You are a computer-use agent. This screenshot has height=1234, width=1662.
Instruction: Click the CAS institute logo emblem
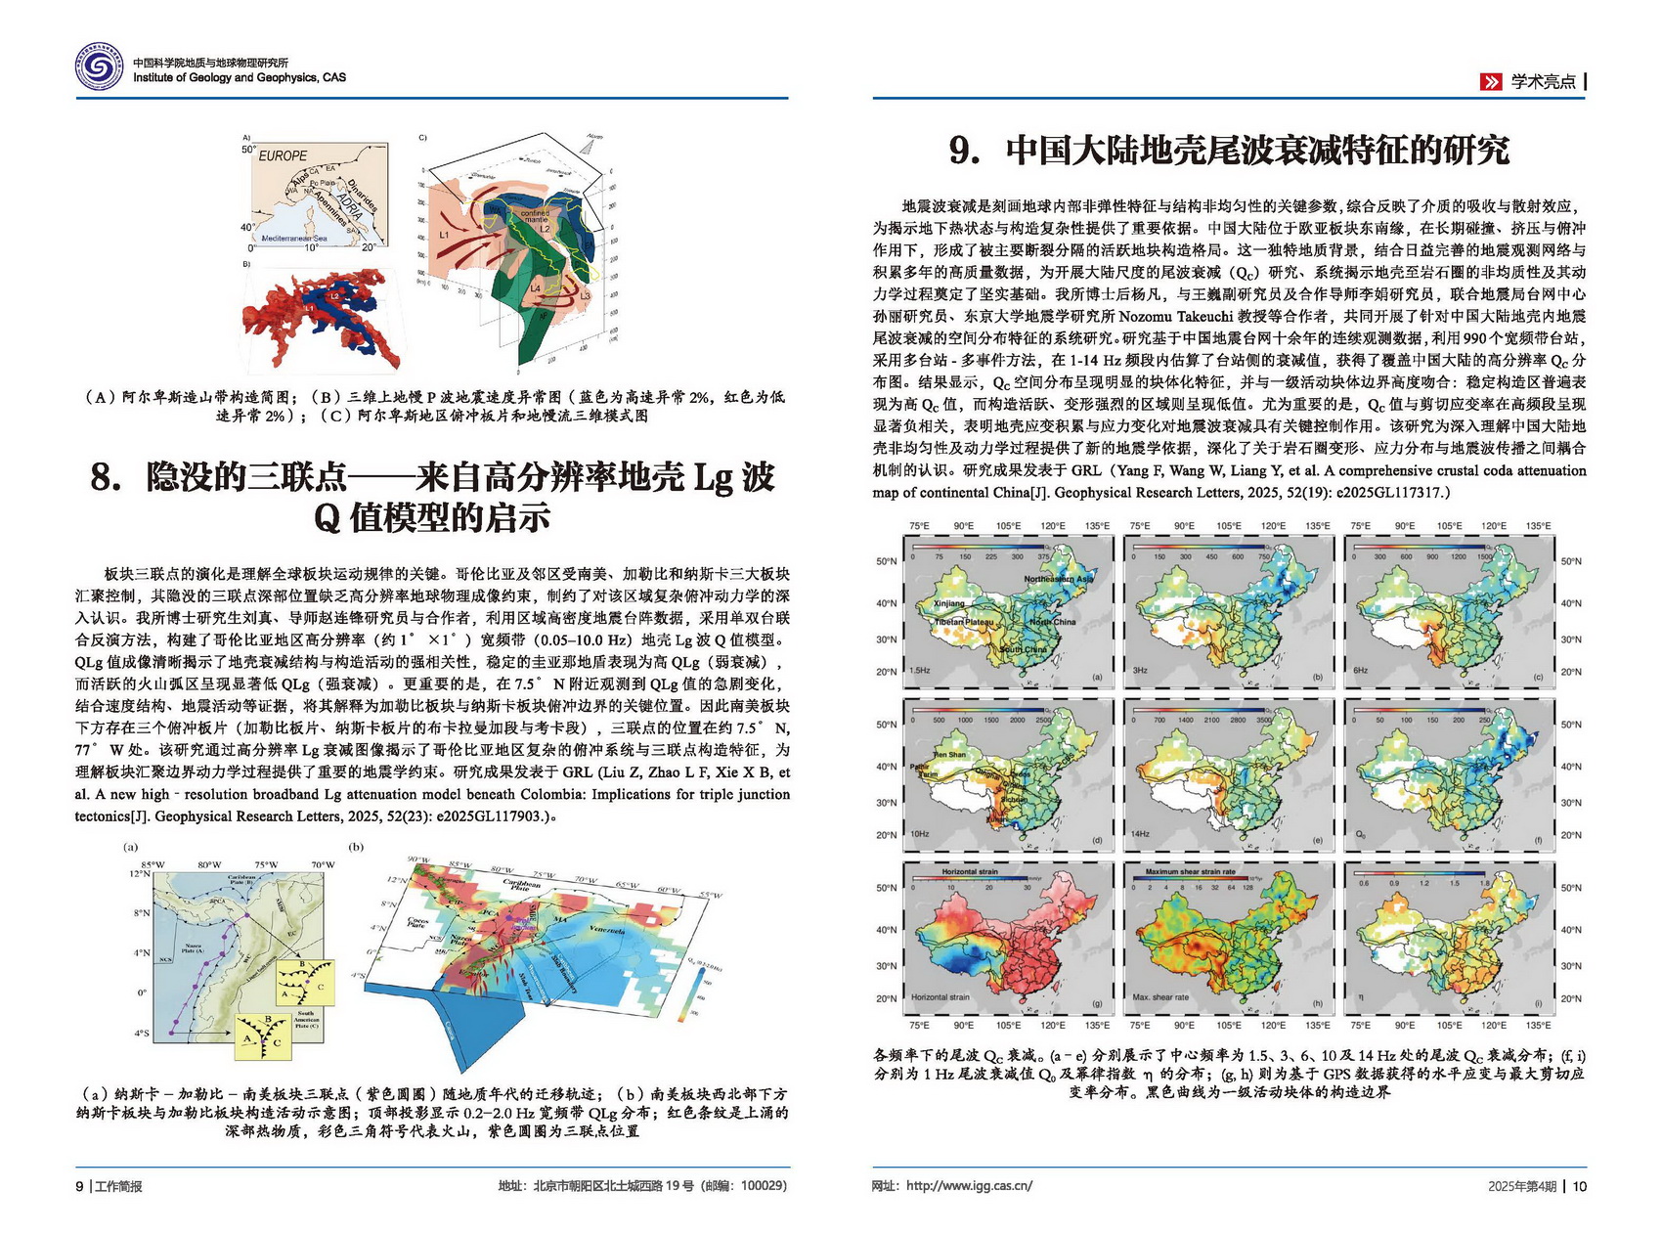[x=100, y=68]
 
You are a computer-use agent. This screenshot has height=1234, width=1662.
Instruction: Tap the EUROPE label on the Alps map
[x=283, y=155]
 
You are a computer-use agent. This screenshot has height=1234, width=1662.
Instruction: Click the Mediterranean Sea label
[x=294, y=238]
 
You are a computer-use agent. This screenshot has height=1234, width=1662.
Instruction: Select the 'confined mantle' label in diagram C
[x=534, y=216]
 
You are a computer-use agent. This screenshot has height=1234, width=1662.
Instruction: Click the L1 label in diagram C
[x=444, y=236]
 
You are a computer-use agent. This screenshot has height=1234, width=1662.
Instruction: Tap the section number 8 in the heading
[x=106, y=477]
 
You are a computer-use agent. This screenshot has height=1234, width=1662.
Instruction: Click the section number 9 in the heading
[x=965, y=151]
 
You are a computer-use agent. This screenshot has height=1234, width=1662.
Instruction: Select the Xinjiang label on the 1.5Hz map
[x=948, y=603]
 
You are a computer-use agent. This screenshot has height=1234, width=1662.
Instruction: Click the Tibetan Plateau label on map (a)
[x=964, y=622]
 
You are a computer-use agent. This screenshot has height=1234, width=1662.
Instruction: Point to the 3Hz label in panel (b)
[x=1140, y=671]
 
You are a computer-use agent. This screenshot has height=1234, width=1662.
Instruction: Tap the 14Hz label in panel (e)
[x=1141, y=834]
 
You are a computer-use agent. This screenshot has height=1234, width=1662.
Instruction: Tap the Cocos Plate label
[x=418, y=921]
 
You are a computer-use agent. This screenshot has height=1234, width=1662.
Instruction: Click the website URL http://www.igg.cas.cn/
[x=969, y=1186]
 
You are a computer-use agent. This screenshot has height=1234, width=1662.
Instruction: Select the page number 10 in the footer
[x=1580, y=1186]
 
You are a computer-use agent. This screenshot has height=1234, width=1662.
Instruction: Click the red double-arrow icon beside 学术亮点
[x=1491, y=82]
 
